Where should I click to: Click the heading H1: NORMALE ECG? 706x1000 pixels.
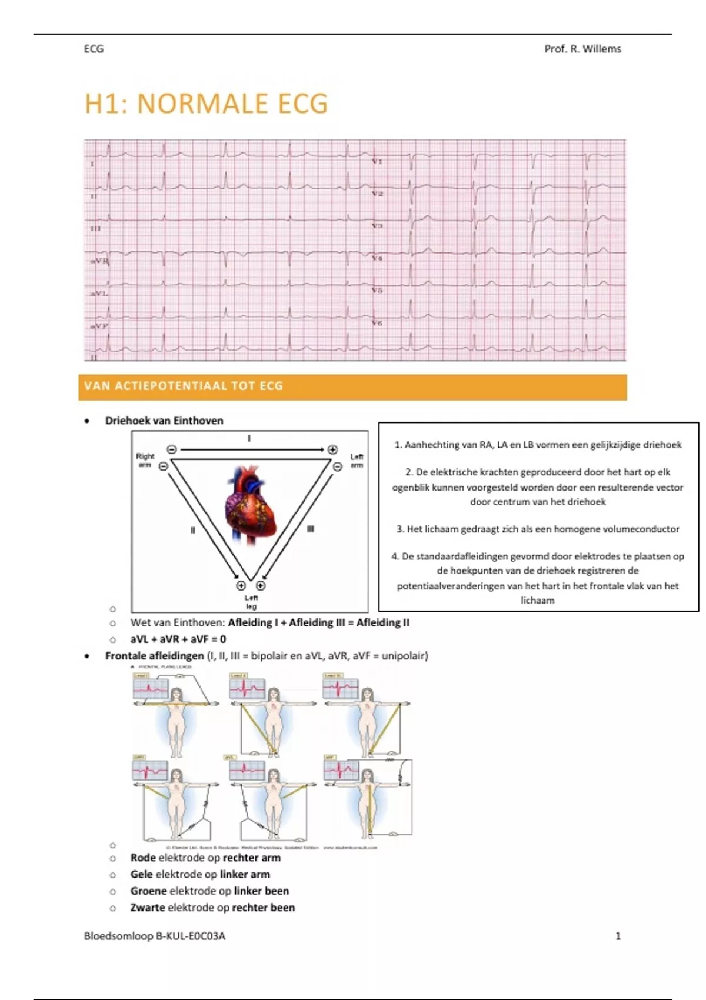pyautogui.click(x=206, y=104)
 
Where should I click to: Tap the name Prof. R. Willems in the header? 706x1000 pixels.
pyautogui.click(x=582, y=49)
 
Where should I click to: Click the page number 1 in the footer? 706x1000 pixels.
pyautogui.click(x=618, y=936)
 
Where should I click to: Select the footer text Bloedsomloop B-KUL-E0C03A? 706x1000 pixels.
pyautogui.click(x=155, y=936)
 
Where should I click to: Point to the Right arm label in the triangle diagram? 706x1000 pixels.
pyautogui.click(x=145, y=460)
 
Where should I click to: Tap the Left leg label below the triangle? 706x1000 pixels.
pyautogui.click(x=251, y=602)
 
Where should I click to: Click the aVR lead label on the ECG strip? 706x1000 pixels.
pyautogui.click(x=99, y=261)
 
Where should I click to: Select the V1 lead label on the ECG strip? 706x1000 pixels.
pyautogui.click(x=377, y=161)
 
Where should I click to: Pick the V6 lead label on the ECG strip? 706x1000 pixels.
pyautogui.click(x=377, y=323)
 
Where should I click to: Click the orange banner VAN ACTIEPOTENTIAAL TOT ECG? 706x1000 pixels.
pyautogui.click(x=352, y=386)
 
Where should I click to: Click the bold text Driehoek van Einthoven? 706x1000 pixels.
pyautogui.click(x=164, y=421)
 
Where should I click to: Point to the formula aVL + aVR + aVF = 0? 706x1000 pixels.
pyautogui.click(x=178, y=639)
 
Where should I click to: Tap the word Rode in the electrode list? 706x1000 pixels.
pyautogui.click(x=143, y=858)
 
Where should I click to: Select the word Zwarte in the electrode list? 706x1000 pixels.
pyautogui.click(x=148, y=907)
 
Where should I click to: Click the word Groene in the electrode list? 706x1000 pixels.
pyautogui.click(x=149, y=891)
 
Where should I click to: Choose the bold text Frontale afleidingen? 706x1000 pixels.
pyautogui.click(x=154, y=655)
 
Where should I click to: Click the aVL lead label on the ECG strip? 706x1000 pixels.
pyautogui.click(x=99, y=293)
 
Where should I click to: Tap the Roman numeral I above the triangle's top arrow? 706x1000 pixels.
pyautogui.click(x=249, y=438)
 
